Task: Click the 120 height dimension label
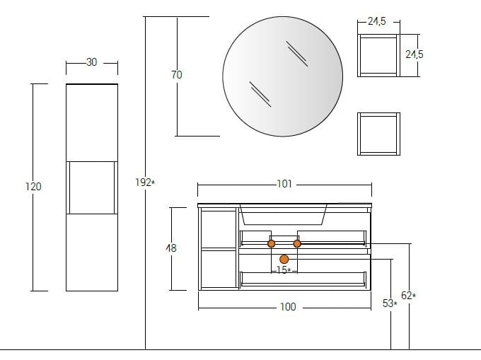click(x=33, y=187)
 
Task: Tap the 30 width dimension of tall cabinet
click(x=91, y=62)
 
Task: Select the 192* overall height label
click(x=145, y=182)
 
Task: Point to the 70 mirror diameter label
click(x=177, y=74)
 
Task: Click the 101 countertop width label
click(x=284, y=184)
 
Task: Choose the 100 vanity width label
click(x=288, y=307)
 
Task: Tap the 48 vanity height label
click(x=171, y=248)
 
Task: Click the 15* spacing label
click(x=284, y=270)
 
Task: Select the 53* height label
click(x=390, y=303)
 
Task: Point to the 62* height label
click(x=409, y=296)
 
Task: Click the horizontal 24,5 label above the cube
click(x=377, y=21)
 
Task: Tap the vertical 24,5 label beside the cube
click(x=414, y=54)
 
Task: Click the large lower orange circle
click(x=284, y=259)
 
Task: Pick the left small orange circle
click(x=271, y=244)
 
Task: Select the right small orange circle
click(x=297, y=244)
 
